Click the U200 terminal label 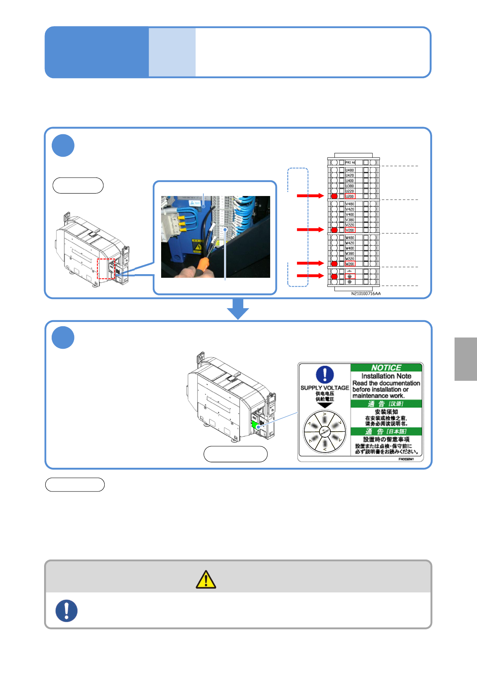coord(350,196)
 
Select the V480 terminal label coord(350,204)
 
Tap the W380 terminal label coord(350,253)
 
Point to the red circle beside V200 coord(334,230)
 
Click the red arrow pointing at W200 coord(310,263)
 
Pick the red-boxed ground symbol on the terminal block coord(350,277)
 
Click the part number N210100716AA coord(366,294)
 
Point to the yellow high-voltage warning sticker coord(198,246)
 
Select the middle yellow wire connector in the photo coord(182,224)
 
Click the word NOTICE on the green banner coord(386,368)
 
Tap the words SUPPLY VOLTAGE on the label coord(325,388)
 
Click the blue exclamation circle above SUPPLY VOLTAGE coord(325,375)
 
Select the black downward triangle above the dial coord(325,405)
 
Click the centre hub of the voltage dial coord(325,432)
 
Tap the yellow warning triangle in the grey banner coord(206,580)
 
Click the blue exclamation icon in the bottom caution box coord(67,610)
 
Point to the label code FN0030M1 coord(406,459)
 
